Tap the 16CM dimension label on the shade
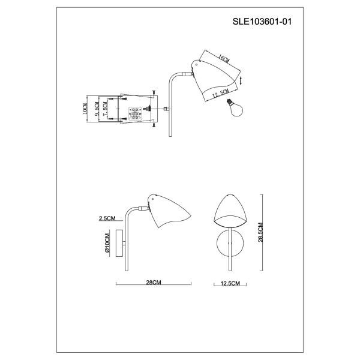coord(224,58)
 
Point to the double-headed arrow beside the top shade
coord(242,79)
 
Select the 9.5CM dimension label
coord(97,109)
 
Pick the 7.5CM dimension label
coord(107,109)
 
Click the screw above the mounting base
coord(154,92)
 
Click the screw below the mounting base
coord(154,125)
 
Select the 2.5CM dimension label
coord(107,219)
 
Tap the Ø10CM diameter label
coord(107,244)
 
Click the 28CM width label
coord(154,281)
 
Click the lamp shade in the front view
coord(230,212)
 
